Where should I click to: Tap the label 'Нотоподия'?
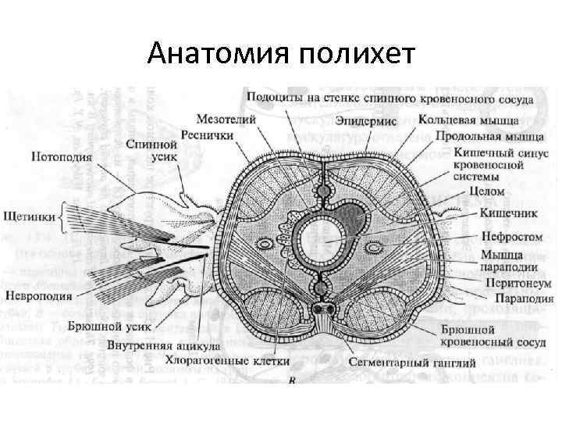[62, 156]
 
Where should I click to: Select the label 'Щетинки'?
[27, 213]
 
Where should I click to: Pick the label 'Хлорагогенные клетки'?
[227, 362]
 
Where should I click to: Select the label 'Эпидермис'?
[366, 122]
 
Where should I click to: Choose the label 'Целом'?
[488, 190]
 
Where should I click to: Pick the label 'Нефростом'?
[502, 233]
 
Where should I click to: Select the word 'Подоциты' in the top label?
[273, 99]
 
